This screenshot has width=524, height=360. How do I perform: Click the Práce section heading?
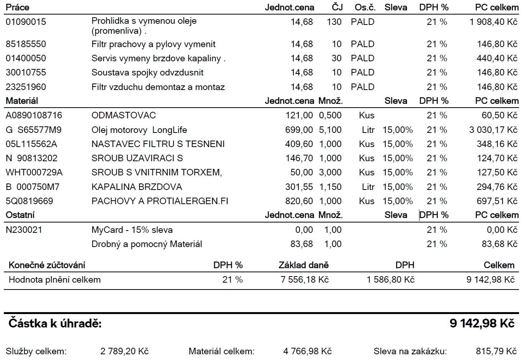[x=17, y=7]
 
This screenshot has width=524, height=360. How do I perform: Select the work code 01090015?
[x=26, y=22]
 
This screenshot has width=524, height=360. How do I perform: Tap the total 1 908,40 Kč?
[x=493, y=22]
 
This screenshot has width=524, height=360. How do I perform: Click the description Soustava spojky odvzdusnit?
[x=147, y=72]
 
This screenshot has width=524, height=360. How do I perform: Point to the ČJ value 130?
[x=334, y=22]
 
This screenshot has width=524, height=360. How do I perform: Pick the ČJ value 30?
[x=336, y=58]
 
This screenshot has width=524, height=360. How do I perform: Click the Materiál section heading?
[x=22, y=101]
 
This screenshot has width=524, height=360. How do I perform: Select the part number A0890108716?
[x=34, y=115]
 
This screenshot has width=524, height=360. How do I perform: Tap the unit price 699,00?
[x=299, y=130]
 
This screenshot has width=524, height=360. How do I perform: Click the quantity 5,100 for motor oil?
[x=330, y=130]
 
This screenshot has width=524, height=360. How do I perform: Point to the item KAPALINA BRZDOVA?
[x=137, y=187]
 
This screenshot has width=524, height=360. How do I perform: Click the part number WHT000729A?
[x=34, y=172]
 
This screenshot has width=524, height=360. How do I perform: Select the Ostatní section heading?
[x=20, y=215]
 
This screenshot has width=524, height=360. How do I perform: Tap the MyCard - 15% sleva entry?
[x=132, y=230]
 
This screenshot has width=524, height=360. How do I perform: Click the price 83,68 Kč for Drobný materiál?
[x=499, y=244]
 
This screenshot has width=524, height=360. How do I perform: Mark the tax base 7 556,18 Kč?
[x=305, y=280]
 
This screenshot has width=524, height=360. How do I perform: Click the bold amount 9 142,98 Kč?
[x=482, y=324]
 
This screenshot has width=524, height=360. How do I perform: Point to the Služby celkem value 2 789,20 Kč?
[x=124, y=351]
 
